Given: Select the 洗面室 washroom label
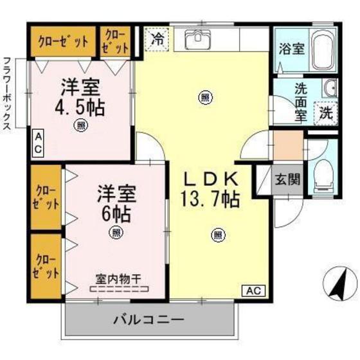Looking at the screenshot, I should [300, 101].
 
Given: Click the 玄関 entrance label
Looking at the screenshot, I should [288, 179].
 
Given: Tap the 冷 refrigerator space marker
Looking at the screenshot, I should [157, 39].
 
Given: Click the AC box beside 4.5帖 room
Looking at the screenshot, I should [38, 143].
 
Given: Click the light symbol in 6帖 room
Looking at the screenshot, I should [115, 231].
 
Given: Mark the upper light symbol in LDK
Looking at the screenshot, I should [205, 98].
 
